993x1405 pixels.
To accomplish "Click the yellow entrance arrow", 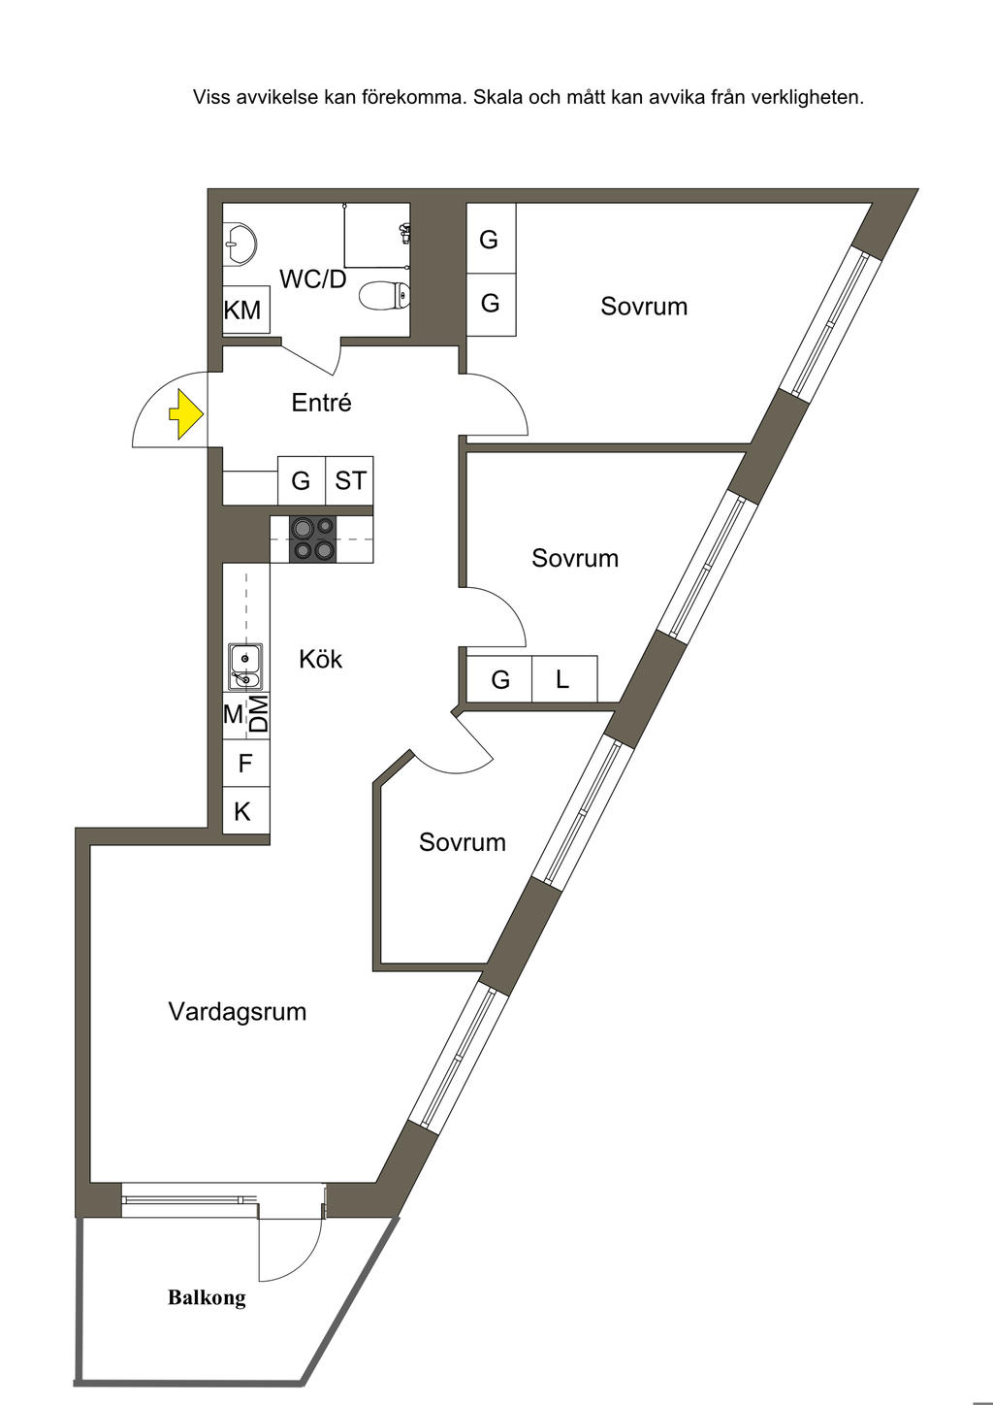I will (186, 415).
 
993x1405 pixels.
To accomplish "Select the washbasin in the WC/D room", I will (240, 242).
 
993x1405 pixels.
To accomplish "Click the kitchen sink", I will (245, 666).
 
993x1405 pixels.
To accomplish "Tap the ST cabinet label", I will (350, 480).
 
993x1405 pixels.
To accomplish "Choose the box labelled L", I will (563, 679).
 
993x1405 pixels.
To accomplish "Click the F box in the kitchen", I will (245, 764).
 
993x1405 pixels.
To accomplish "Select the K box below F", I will (243, 811).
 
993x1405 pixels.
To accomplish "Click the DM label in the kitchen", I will (258, 714).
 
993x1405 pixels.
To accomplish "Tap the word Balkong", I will (207, 1297).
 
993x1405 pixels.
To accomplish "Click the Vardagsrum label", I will (238, 1012).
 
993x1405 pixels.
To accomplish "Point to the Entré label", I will (321, 403).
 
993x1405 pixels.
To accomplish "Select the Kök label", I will (321, 660).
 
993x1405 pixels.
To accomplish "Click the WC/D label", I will (312, 279).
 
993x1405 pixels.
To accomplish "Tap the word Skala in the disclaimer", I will (497, 97).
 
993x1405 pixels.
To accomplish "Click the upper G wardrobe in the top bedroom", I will (490, 239).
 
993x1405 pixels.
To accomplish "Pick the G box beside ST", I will (301, 480).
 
